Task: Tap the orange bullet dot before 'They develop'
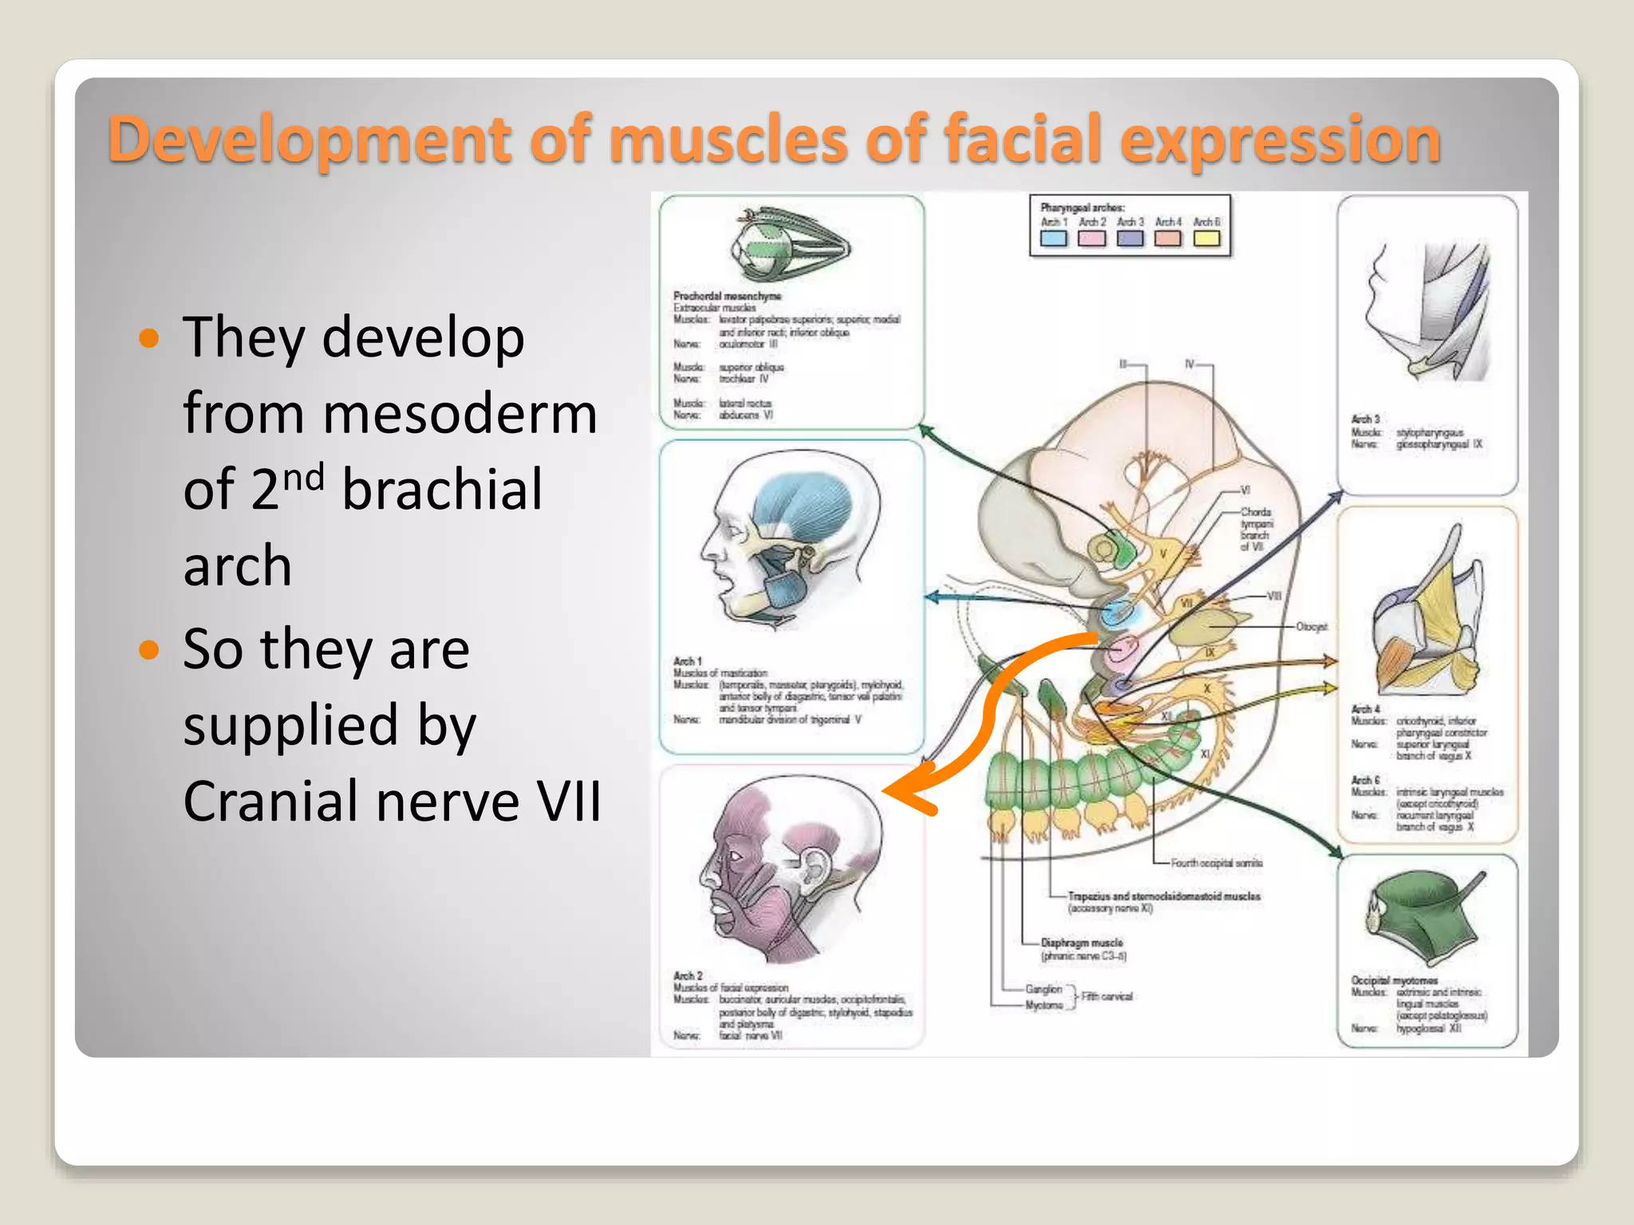pos(149,338)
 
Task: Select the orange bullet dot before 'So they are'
pos(149,650)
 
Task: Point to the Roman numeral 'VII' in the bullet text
pos(568,802)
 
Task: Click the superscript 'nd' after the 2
pos(304,478)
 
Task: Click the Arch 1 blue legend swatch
pos(1053,238)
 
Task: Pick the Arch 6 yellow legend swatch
pos(1206,238)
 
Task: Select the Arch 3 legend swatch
pos(1130,238)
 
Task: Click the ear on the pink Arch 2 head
pos(815,865)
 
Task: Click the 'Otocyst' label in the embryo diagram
pos(1312,627)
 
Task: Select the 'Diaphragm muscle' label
pos(1081,943)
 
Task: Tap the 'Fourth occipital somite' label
pos(1216,863)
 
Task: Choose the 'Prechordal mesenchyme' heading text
pos(727,296)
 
